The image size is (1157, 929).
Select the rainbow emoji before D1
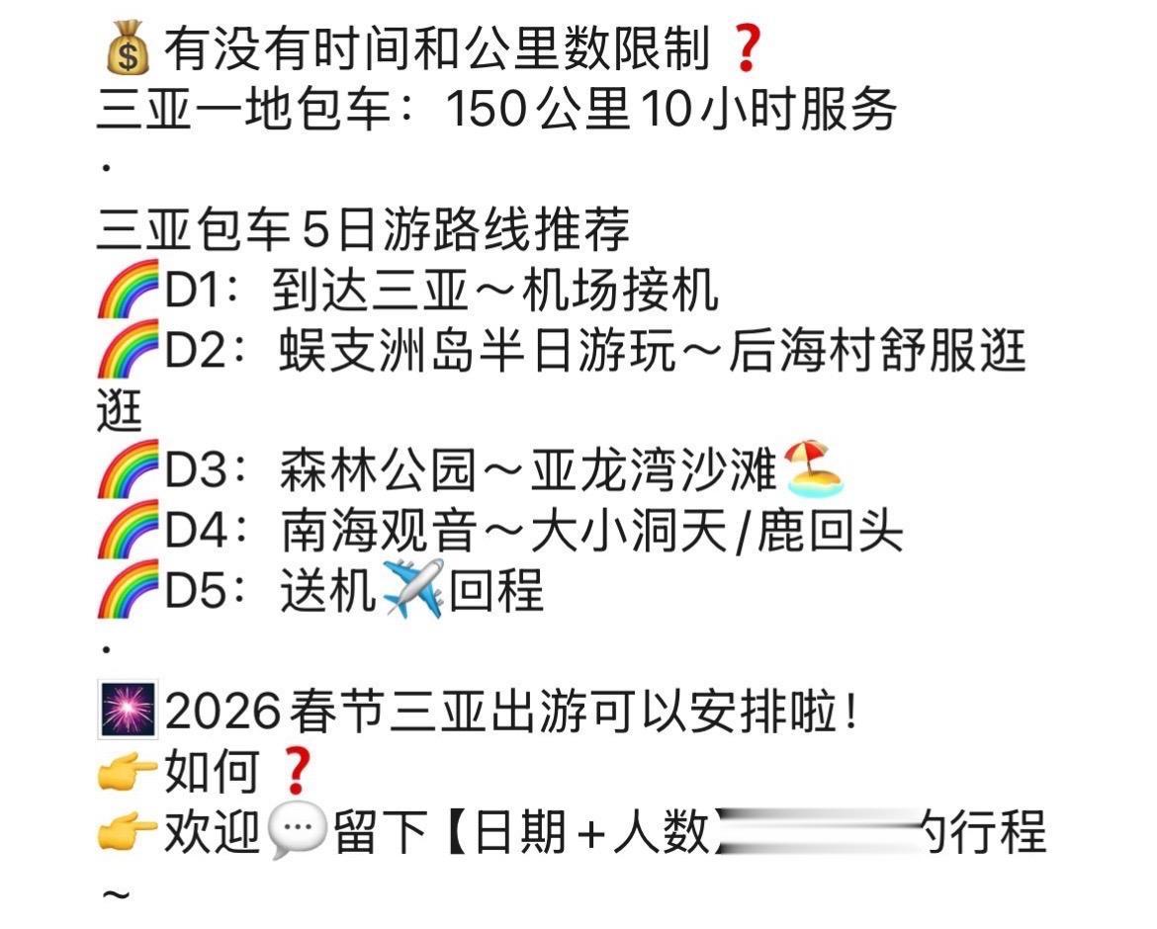click(128, 290)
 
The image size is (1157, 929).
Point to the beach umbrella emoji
click(814, 470)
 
